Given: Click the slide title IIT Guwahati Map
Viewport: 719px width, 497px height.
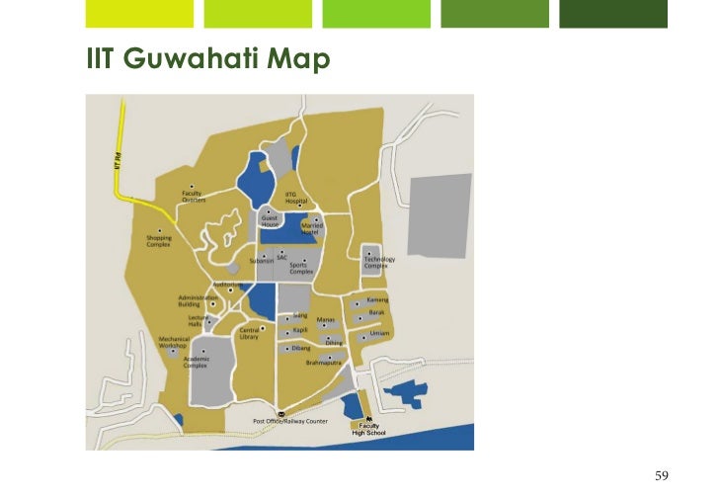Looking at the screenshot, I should click(206, 61).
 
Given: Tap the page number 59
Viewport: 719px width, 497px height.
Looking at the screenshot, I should click(662, 476).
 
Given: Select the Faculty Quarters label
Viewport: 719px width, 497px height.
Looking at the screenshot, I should click(194, 196).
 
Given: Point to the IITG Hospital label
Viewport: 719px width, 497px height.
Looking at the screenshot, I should click(296, 198).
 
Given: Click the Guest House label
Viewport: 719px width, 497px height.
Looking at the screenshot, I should click(270, 221).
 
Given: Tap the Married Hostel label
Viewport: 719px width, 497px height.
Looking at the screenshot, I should click(312, 228).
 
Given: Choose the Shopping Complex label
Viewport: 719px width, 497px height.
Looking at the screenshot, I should click(159, 241).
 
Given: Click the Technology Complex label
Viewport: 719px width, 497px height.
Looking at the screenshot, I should click(379, 263).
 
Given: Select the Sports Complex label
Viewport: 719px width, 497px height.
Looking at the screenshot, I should click(301, 267).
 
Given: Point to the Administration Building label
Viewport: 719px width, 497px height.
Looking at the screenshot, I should click(197, 300).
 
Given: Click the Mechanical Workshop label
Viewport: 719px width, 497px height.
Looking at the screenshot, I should click(174, 342).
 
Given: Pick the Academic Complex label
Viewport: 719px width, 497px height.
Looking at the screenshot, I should click(196, 362).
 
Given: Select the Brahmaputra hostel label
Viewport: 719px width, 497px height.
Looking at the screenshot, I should click(323, 363).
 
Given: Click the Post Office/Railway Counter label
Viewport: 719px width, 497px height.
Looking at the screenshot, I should click(289, 421).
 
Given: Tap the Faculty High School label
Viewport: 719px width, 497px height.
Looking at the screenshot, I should click(362, 429).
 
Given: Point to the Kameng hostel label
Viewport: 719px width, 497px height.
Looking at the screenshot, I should click(377, 299).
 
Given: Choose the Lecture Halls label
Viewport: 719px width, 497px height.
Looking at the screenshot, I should click(195, 321).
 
